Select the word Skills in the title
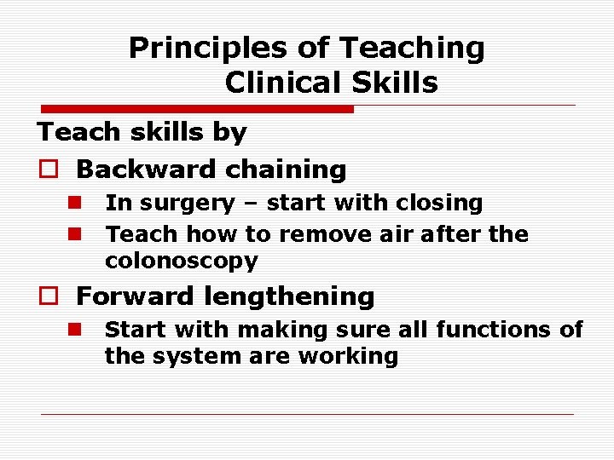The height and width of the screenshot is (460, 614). click(397, 83)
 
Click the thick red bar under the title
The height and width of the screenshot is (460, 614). click(197, 109)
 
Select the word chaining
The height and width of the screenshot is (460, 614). click(273, 170)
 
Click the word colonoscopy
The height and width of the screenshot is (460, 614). click(181, 261)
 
